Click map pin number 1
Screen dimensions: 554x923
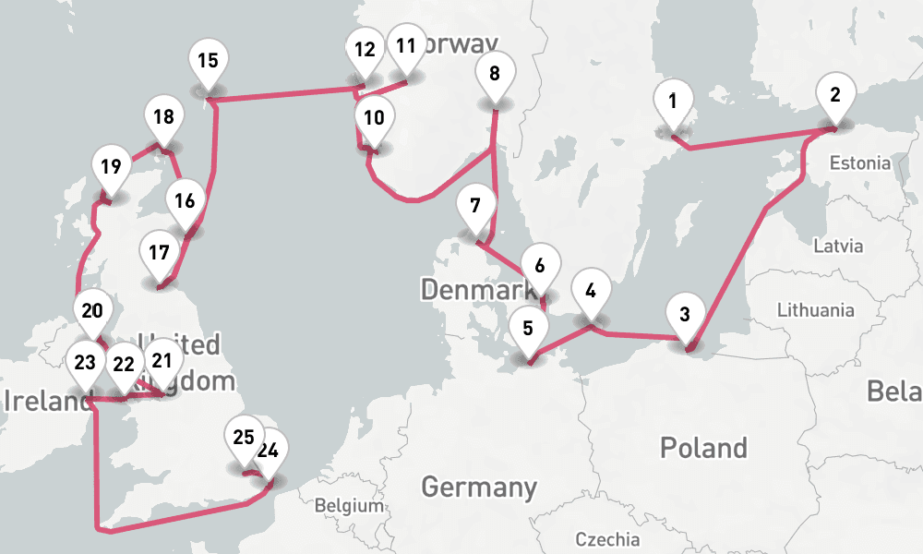coord(673,101)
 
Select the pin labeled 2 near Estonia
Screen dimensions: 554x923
coord(835,94)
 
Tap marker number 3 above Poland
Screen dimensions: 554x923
coord(684,314)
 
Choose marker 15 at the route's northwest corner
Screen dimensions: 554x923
coord(208,61)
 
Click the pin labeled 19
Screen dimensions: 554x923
coord(112,168)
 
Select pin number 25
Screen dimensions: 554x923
coord(244,438)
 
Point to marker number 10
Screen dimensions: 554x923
coord(374,118)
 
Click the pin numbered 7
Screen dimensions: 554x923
coord(475,206)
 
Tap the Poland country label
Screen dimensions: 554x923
coord(703,448)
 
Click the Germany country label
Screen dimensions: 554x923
coord(479,486)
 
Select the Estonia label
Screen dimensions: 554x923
coord(860,163)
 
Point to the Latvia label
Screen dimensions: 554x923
coord(838,246)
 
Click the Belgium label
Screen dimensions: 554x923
coord(348,506)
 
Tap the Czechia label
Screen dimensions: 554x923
coord(606,538)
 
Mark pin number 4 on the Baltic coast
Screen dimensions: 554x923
coord(591,289)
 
